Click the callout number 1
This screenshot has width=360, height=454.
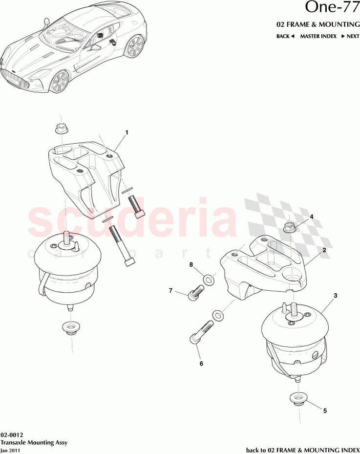click(127, 132)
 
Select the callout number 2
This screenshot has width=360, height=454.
click(323, 249)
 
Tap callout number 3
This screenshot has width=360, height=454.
click(336, 296)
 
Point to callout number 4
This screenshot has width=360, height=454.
click(311, 216)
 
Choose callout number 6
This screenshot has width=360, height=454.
click(200, 363)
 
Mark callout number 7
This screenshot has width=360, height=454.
click(171, 291)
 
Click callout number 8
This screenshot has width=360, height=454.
click(191, 265)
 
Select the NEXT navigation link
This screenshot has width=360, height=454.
click(350, 36)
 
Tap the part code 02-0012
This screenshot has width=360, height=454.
click(10, 434)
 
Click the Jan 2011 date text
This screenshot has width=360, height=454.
click(10, 450)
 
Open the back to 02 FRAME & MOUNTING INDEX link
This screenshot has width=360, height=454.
click(302, 449)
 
